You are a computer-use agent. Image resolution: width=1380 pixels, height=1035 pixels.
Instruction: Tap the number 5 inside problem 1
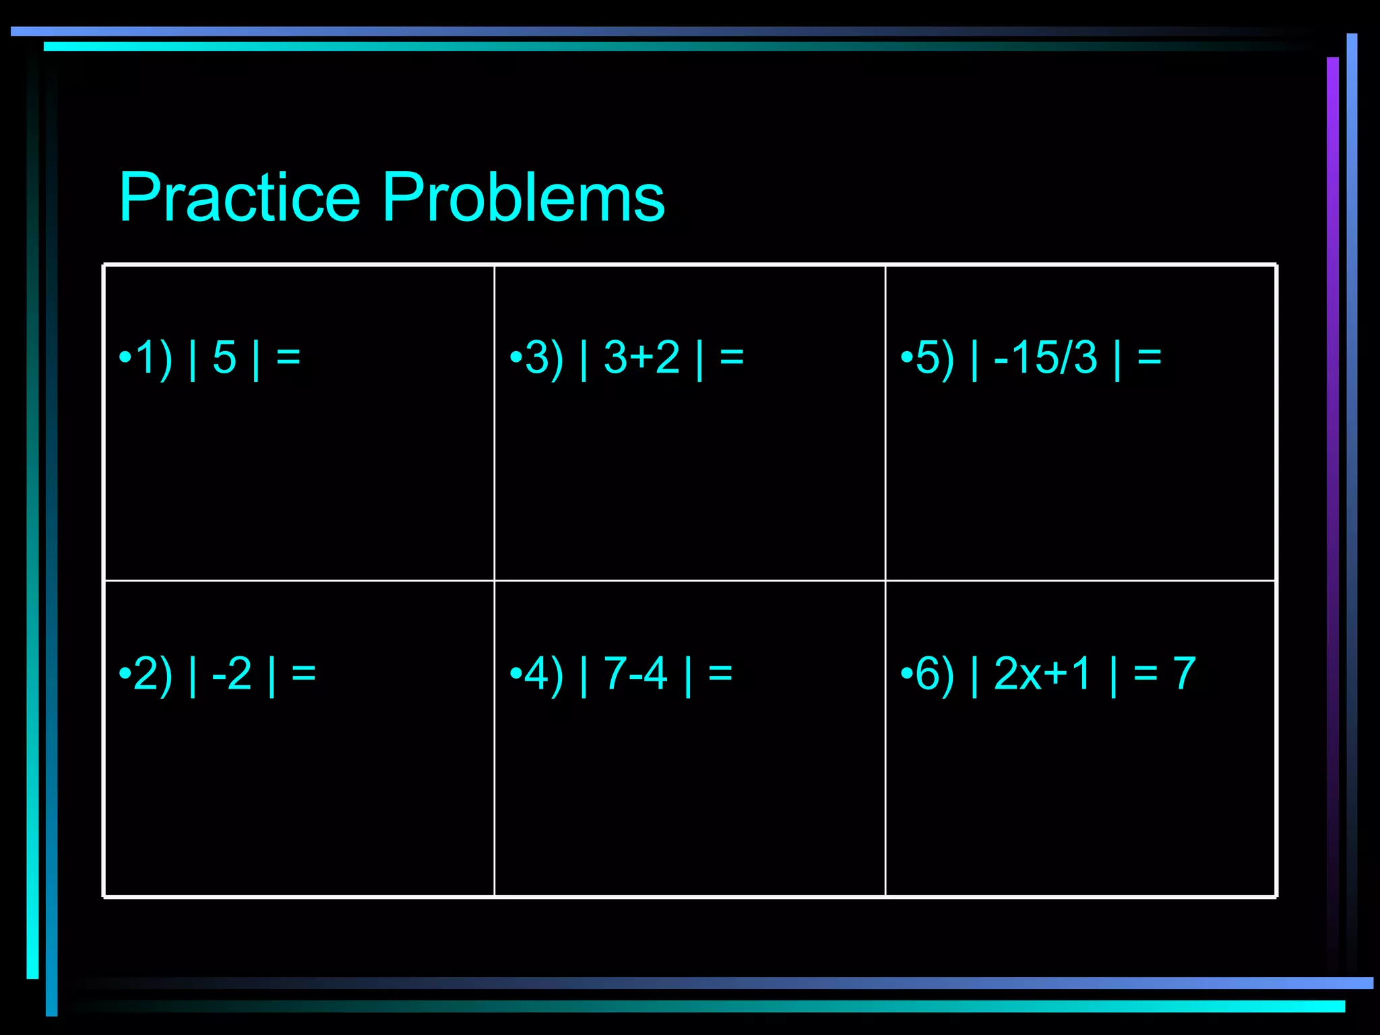coord(224,357)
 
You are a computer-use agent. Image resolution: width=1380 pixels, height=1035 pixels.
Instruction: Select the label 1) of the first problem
coord(154,357)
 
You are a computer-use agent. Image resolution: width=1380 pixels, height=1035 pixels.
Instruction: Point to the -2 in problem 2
coord(232,673)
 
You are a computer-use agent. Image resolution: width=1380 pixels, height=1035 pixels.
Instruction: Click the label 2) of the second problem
coord(153,673)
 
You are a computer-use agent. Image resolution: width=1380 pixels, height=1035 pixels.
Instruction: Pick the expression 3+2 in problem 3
coord(641,357)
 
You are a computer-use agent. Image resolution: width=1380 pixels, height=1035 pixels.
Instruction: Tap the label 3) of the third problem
coord(544,357)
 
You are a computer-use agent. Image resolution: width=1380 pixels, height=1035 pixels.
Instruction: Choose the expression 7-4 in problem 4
coord(635,673)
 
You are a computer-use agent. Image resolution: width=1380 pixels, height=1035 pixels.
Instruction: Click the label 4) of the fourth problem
coord(544,673)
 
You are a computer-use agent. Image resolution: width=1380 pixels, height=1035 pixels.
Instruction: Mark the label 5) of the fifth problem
coord(935,357)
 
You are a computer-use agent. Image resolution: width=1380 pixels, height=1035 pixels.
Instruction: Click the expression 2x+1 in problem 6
coord(1042,673)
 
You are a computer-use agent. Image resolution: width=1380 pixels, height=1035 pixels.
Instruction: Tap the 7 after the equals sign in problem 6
coord(1184,673)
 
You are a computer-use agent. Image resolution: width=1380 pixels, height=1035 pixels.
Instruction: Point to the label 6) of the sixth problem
coord(935,673)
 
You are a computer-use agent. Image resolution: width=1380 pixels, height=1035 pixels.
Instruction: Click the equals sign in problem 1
coord(288,357)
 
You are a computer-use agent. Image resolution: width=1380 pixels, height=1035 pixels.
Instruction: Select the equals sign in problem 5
coord(1150,357)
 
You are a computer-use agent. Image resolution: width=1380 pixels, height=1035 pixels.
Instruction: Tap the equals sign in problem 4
coord(720,673)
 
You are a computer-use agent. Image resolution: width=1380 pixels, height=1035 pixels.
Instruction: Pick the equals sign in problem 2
coord(304,673)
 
